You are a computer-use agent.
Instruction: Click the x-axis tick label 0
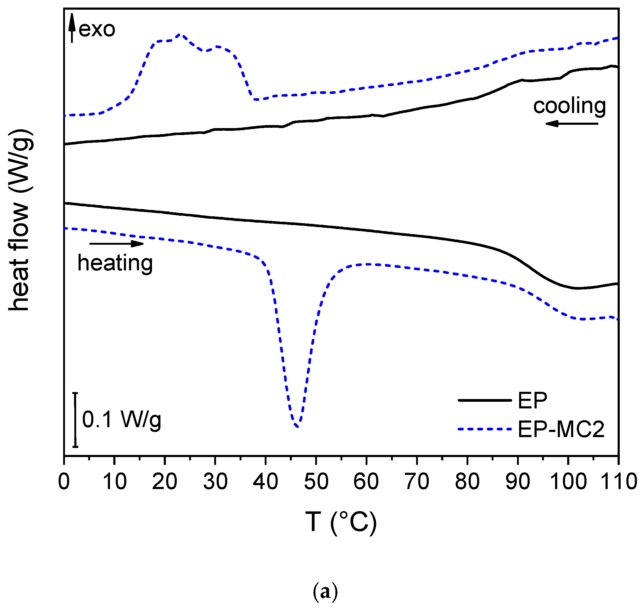[x=64, y=482]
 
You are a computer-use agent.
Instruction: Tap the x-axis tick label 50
[x=316, y=482]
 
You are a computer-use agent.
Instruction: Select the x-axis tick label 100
[x=568, y=482]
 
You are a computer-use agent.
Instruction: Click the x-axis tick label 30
[x=215, y=482]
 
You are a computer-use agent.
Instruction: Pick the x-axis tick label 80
[x=467, y=482]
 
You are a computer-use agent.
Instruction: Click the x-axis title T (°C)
[x=341, y=522]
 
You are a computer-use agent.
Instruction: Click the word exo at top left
[x=97, y=29]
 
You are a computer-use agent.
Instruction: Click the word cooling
[x=569, y=106]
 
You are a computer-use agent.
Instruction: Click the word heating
[x=115, y=263]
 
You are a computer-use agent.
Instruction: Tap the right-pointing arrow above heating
[x=117, y=244]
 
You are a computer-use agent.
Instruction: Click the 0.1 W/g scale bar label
[x=121, y=420]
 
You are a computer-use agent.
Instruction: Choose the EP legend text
[x=532, y=400]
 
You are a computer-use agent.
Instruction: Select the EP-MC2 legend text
[x=561, y=429]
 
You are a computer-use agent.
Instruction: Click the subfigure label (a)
[x=325, y=591]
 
